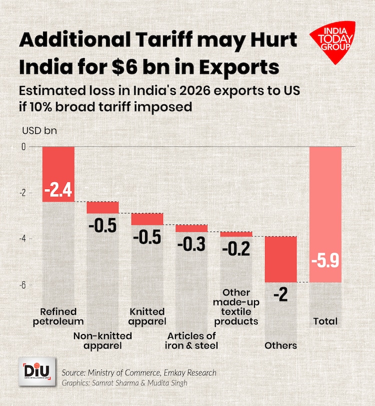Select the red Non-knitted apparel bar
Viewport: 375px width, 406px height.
[102, 207]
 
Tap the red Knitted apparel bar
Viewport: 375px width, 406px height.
[147, 218]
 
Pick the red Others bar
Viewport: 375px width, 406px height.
[280, 259]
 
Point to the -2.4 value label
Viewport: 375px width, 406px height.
[58, 190]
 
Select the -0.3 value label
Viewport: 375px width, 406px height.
[192, 245]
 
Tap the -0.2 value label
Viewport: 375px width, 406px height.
[237, 248]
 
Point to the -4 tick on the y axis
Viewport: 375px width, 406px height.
[23, 238]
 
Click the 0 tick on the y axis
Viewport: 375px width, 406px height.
[23, 146]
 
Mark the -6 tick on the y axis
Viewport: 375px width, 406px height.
[23, 284]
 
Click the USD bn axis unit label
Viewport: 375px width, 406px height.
[36, 132]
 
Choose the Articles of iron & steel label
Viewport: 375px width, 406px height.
[191, 340]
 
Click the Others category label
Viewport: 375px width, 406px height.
[280, 345]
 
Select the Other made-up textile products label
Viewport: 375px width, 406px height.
[236, 306]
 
